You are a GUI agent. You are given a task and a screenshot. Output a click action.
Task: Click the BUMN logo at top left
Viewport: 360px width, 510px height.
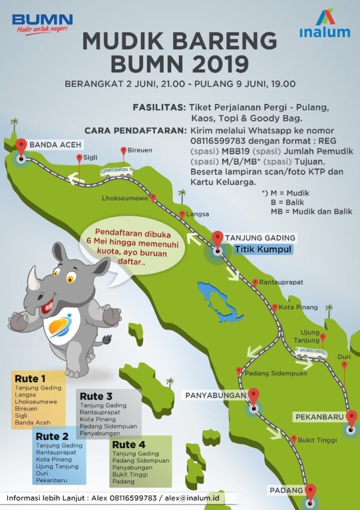click(42, 23)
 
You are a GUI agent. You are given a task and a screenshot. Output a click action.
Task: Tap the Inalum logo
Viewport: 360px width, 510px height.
click(325, 24)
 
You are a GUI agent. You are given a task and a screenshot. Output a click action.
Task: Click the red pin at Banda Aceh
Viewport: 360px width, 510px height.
click(21, 147)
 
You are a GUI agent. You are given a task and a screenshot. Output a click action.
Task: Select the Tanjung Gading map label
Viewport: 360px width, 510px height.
click(260, 238)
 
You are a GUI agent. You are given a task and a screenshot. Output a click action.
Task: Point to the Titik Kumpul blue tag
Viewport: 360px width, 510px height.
click(263, 249)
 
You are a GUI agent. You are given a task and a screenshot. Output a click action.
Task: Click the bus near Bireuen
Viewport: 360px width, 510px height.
click(117, 172)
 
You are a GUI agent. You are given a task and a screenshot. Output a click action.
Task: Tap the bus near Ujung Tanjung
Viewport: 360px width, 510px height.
click(310, 353)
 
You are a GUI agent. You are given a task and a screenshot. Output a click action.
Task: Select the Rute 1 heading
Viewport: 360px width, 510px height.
click(30, 378)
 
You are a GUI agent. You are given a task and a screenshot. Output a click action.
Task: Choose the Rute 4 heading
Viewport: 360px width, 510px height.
click(128, 444)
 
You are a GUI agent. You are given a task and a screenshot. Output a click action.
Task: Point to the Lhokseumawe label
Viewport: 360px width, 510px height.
click(125, 198)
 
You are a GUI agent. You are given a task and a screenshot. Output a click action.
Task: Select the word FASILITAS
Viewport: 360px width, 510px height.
click(159, 108)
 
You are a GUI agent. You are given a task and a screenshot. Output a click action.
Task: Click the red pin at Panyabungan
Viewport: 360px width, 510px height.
click(254, 396)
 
